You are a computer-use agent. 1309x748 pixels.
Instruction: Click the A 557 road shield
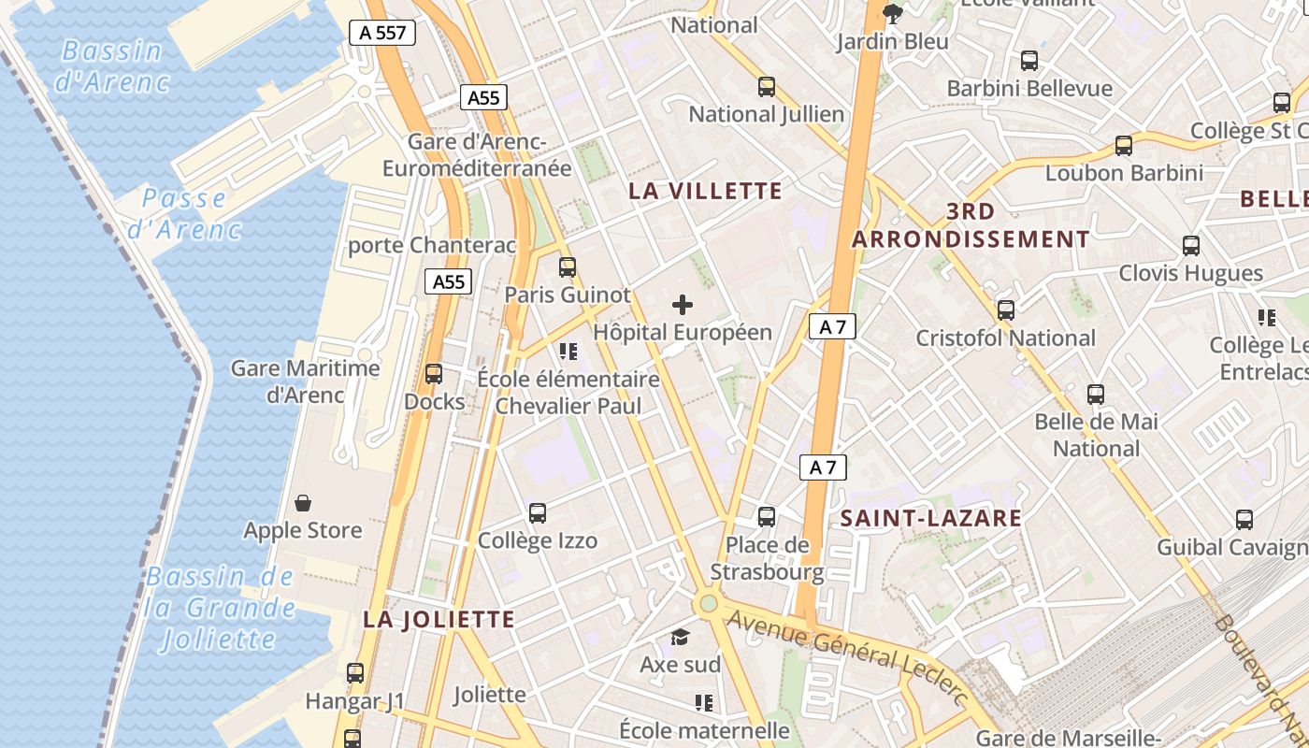[x=382, y=33]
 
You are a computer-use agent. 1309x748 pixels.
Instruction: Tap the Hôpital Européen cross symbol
[x=683, y=304]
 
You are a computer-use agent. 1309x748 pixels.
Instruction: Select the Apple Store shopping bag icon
[x=302, y=503]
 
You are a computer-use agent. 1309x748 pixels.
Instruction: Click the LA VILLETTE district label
[x=705, y=191]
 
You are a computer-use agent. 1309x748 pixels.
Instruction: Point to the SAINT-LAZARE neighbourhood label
[x=930, y=518]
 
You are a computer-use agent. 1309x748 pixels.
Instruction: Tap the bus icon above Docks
[x=434, y=374]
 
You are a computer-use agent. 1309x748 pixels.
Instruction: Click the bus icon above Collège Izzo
[x=538, y=512]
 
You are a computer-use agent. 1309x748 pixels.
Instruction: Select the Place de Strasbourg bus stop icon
[x=767, y=516]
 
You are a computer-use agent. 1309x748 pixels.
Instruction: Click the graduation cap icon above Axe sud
[x=680, y=638]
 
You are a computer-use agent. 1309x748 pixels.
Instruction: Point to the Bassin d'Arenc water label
[x=112, y=65]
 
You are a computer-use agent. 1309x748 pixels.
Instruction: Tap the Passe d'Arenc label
[x=184, y=213]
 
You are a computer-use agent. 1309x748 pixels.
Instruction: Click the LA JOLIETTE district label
[x=439, y=619]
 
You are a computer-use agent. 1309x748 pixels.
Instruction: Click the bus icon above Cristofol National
[x=1006, y=309]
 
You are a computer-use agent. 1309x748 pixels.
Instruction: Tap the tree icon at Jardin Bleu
[x=893, y=13]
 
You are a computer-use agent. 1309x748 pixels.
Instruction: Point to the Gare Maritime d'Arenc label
[x=306, y=381]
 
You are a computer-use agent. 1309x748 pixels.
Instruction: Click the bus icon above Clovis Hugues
[x=1191, y=245]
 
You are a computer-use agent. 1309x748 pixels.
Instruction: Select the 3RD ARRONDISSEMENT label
[x=971, y=225]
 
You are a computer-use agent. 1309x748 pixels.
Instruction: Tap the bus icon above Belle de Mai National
[x=1096, y=394]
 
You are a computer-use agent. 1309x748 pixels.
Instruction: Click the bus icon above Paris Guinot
[x=568, y=267]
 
